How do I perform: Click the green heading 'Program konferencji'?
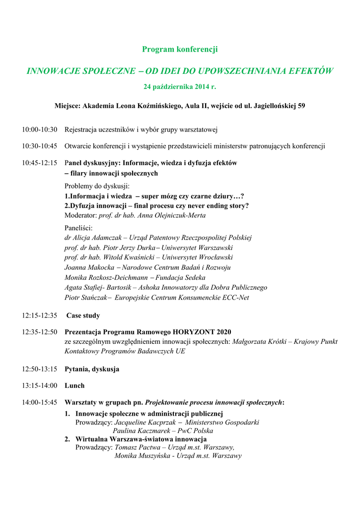(180, 49)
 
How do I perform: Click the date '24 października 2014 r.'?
(180, 87)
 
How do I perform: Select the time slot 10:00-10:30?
(39, 129)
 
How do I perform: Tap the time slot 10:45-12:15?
(39, 163)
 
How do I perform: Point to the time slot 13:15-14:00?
(39, 385)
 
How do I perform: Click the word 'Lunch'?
(74, 385)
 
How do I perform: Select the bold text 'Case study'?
(83, 316)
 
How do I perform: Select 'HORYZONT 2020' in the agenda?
(202, 332)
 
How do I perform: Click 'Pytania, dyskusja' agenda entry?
(92, 369)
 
